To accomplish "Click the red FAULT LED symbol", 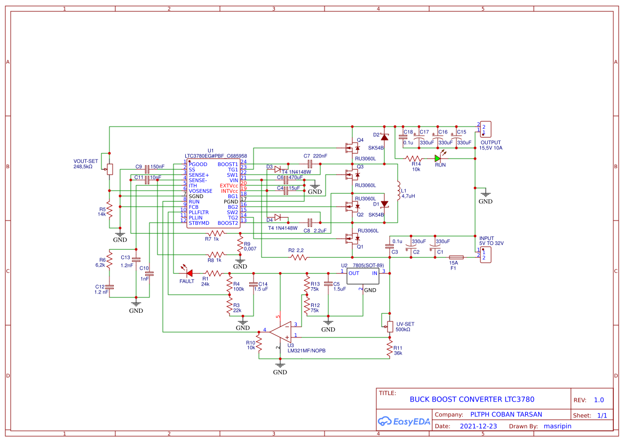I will (x=187, y=273).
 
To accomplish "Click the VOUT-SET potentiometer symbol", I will (x=109, y=169).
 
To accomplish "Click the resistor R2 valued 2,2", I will (x=299, y=257).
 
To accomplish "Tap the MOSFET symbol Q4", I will (x=352, y=147).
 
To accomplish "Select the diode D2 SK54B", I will (x=384, y=137).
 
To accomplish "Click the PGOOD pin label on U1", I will (x=198, y=164).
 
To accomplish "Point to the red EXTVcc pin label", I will (x=229, y=185).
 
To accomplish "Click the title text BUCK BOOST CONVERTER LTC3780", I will (x=471, y=399).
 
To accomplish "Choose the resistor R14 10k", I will (x=414, y=159).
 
